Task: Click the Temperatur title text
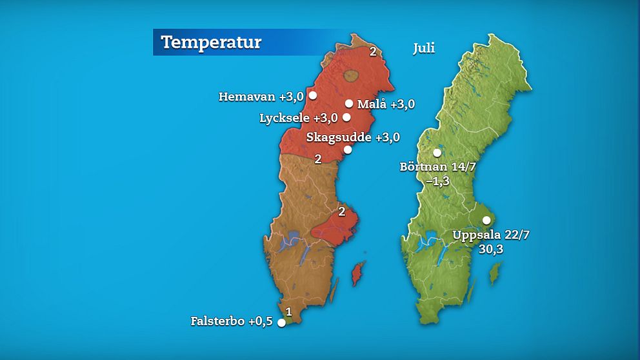point(211,43)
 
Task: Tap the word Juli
point(425,48)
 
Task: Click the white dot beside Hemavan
point(313,95)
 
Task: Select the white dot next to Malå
point(349,103)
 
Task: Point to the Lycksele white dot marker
point(346,117)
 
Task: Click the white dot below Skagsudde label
point(348,150)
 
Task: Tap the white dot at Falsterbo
point(281,323)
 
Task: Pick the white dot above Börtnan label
point(437,153)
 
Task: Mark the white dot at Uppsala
point(486,220)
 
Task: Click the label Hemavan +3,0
point(261,97)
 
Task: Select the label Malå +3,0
point(386,104)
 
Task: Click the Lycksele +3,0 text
point(298,118)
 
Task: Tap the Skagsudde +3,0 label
point(353,137)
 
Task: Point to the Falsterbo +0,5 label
point(232,321)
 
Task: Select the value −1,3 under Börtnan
point(437,181)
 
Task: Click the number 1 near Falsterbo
point(288,312)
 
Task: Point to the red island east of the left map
point(356,275)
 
